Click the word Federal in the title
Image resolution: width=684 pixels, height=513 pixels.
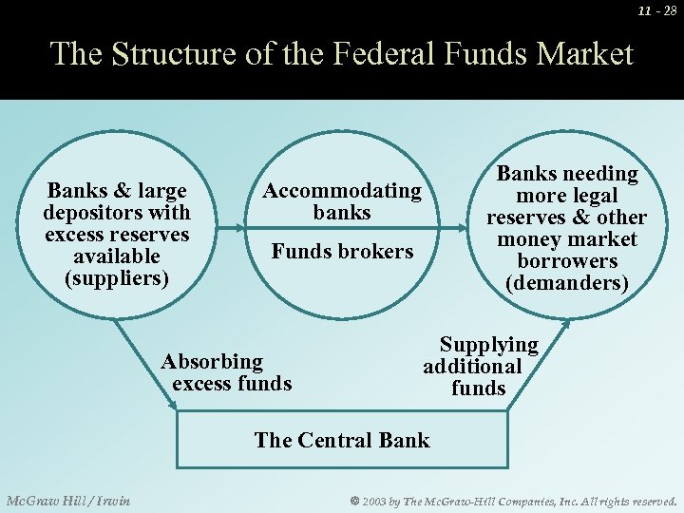[x=386, y=53]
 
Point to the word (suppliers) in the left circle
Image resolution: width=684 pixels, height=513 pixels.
[x=116, y=279]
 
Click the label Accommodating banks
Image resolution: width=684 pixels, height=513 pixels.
[x=342, y=201]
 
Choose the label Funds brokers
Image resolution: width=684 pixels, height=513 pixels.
[x=342, y=252]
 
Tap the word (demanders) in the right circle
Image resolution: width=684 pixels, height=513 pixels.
[x=567, y=283]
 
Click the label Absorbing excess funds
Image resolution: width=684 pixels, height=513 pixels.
[x=226, y=372]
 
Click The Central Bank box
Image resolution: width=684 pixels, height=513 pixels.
[x=342, y=440]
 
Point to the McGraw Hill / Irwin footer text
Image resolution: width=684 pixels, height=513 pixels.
[x=68, y=501]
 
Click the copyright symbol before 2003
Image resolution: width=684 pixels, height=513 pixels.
[x=355, y=501]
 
